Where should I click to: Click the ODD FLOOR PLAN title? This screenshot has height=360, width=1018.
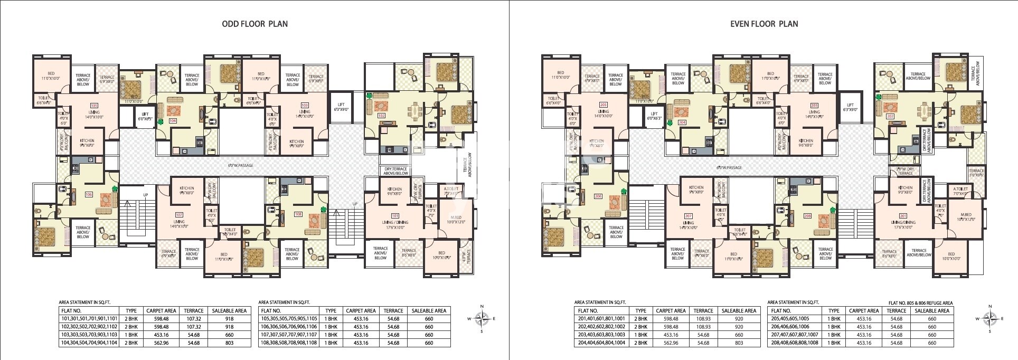pyautogui.click(x=254, y=24)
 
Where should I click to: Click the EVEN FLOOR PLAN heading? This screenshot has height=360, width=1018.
pyautogui.click(x=763, y=24)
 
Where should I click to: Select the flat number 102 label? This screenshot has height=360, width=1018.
pyautogui.click(x=381, y=116)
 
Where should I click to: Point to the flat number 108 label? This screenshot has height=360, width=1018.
pyautogui.click(x=298, y=214)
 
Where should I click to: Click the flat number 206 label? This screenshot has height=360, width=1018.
pyautogui.click(x=598, y=196)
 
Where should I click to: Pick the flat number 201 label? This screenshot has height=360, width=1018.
pyautogui.click(x=903, y=215)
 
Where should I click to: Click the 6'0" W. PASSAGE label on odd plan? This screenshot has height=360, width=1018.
pyautogui.click(x=240, y=166)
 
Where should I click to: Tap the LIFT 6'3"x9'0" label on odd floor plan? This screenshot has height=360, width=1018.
pyautogui.click(x=341, y=108)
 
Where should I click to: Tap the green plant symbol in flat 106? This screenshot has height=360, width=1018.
pyautogui.click(x=115, y=188)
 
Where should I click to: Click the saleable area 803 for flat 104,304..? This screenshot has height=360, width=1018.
pyautogui.click(x=229, y=343)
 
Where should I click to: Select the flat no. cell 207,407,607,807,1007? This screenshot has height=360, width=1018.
pyautogui.click(x=794, y=335)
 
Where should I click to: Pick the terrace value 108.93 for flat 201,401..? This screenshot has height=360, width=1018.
pyautogui.click(x=703, y=319)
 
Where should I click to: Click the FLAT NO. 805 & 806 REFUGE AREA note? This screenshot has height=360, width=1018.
pyautogui.click(x=920, y=303)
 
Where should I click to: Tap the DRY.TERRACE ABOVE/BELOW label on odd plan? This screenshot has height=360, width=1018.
pyautogui.click(x=395, y=171)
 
